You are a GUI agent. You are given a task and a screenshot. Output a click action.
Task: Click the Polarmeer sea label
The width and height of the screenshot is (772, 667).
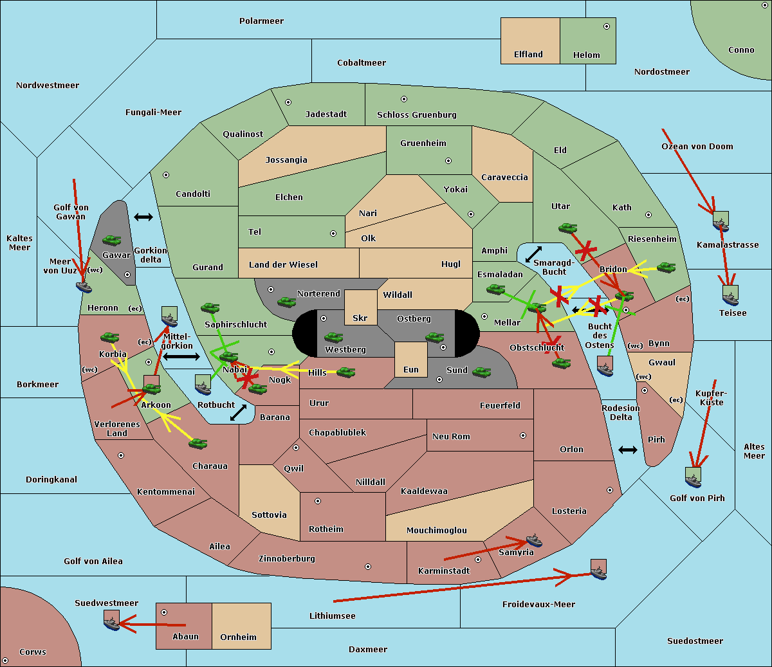pyautogui.click(x=261, y=21)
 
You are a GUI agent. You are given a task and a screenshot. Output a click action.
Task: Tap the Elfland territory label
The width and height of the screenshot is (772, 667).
pyautogui.click(x=528, y=55)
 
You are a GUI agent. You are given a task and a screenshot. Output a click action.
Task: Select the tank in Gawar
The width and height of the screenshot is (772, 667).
pyautogui.click(x=112, y=240)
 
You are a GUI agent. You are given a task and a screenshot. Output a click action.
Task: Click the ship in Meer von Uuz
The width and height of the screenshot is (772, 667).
pyautogui.click(x=84, y=287)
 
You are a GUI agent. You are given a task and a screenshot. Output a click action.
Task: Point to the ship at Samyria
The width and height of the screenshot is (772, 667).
pyautogui.click(x=534, y=540)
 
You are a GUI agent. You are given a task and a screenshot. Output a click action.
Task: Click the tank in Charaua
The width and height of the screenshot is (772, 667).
pyautogui.click(x=198, y=443)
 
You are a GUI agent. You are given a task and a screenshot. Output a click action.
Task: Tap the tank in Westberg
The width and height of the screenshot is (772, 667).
pyautogui.click(x=333, y=337)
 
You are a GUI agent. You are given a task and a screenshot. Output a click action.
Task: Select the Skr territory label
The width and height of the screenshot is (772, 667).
pyautogui.click(x=360, y=318)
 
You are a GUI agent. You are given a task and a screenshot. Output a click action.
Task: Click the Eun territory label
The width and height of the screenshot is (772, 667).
pyautogui.click(x=411, y=369)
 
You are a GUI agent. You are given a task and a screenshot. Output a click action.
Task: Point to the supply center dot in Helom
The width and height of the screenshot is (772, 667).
pyautogui.click(x=607, y=26)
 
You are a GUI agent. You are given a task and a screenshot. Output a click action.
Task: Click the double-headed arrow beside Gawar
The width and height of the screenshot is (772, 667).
pyautogui.click(x=143, y=217)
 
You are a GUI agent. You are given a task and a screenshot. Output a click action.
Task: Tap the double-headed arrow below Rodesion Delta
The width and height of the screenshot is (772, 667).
pyautogui.click(x=628, y=450)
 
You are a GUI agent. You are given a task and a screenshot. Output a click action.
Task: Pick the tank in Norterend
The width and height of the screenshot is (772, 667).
pyautogui.click(x=286, y=302)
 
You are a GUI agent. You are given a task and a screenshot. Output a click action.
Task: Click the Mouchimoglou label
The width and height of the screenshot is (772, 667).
pyautogui.click(x=437, y=530)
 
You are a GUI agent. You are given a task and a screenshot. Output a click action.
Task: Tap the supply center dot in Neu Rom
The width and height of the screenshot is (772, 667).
pyautogui.click(x=523, y=435)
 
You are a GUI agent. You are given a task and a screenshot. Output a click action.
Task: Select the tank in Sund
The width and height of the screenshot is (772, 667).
pyautogui.click(x=481, y=372)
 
